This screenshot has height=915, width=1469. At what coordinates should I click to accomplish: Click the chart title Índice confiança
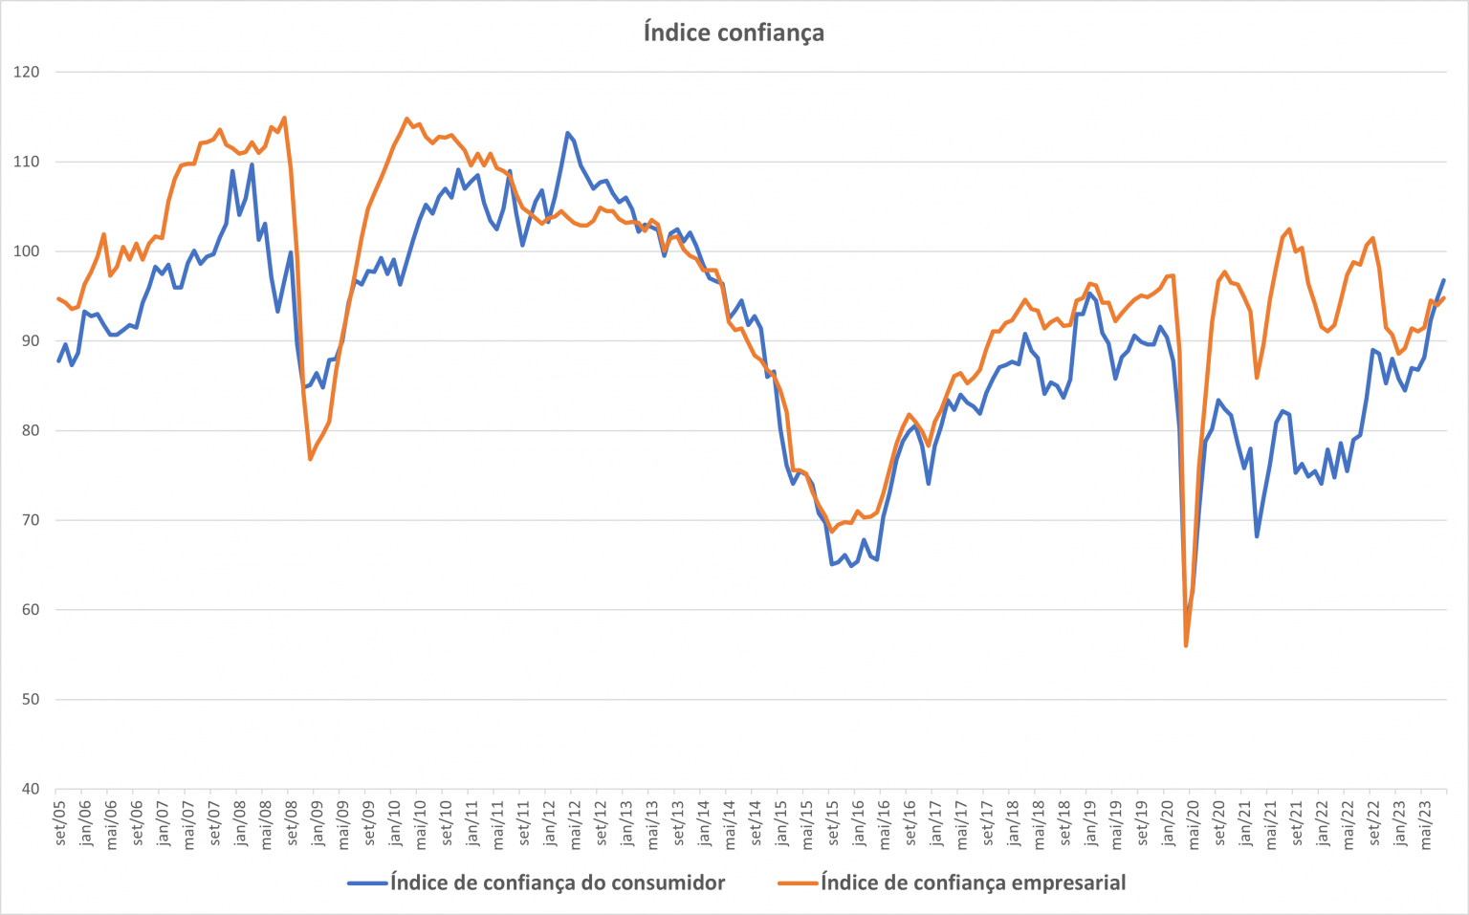tap(734, 33)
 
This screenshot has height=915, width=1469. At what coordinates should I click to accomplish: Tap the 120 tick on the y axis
tap(27, 72)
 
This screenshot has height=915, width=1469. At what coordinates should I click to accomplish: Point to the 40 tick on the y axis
tap(31, 789)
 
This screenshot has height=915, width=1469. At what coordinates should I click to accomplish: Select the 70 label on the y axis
tap(31, 520)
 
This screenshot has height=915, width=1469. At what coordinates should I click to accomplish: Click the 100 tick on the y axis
tap(27, 251)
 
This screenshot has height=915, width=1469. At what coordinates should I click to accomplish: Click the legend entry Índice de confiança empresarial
tap(973, 882)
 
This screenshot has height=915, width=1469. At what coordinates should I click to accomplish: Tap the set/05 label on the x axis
tap(59, 822)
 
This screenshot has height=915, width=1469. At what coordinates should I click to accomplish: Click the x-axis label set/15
tap(832, 822)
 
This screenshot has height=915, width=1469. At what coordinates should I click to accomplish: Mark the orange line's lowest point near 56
tap(1186, 645)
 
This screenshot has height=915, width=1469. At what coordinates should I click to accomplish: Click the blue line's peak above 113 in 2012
tap(567, 133)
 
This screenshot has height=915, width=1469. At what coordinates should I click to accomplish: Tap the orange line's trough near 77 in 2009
tap(311, 459)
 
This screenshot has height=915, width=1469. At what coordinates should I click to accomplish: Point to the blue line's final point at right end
tap(1443, 280)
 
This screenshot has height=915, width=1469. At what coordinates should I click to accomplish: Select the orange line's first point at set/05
tap(58, 298)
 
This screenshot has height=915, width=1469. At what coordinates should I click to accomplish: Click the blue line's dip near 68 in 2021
tap(1257, 535)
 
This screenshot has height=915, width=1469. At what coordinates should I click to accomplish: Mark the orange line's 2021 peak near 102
tap(1289, 229)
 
